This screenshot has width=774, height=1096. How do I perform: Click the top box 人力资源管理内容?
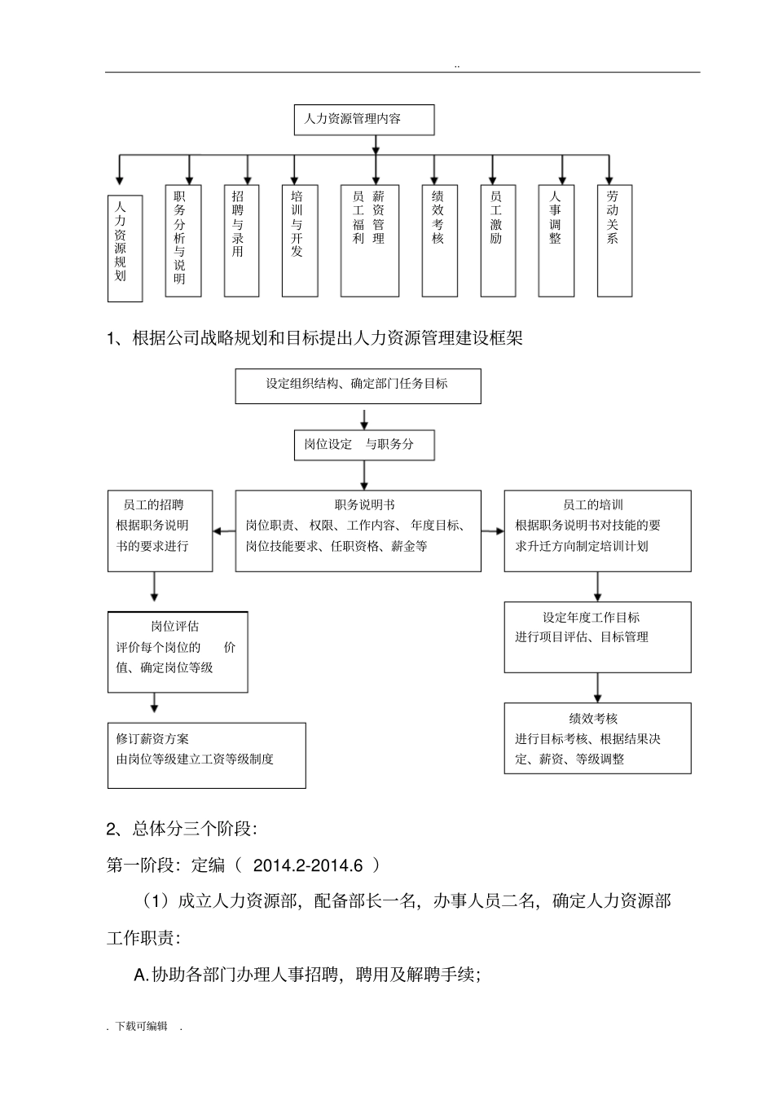coord(363,119)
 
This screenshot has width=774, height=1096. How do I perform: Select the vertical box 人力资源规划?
coord(125,249)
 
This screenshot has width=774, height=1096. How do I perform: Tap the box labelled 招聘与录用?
coord(241,240)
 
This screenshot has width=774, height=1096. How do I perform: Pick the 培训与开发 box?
coord(299,240)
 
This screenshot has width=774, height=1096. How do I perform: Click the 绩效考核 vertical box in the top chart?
coord(439,240)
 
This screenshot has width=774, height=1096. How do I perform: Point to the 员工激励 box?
coord(498,240)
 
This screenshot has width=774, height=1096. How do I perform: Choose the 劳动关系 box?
coord(614,240)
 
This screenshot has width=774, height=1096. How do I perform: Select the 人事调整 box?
coord(556,240)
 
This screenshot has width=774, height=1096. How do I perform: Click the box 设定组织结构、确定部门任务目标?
coord(358,385)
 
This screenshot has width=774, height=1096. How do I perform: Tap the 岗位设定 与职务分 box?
coord(363,445)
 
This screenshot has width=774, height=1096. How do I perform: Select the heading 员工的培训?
coord(592,505)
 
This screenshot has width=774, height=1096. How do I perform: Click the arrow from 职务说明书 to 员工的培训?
coord(492,531)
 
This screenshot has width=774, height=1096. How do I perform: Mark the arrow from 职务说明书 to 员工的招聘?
coord(224,531)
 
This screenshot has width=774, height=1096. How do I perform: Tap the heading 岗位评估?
coord(174,627)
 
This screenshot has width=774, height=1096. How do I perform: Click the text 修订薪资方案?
coord(152,738)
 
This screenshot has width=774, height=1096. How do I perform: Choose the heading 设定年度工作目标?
coord(591,617)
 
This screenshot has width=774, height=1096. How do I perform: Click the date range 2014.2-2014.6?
coord(307,865)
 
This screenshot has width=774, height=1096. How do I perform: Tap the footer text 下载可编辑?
coord(142,1026)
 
